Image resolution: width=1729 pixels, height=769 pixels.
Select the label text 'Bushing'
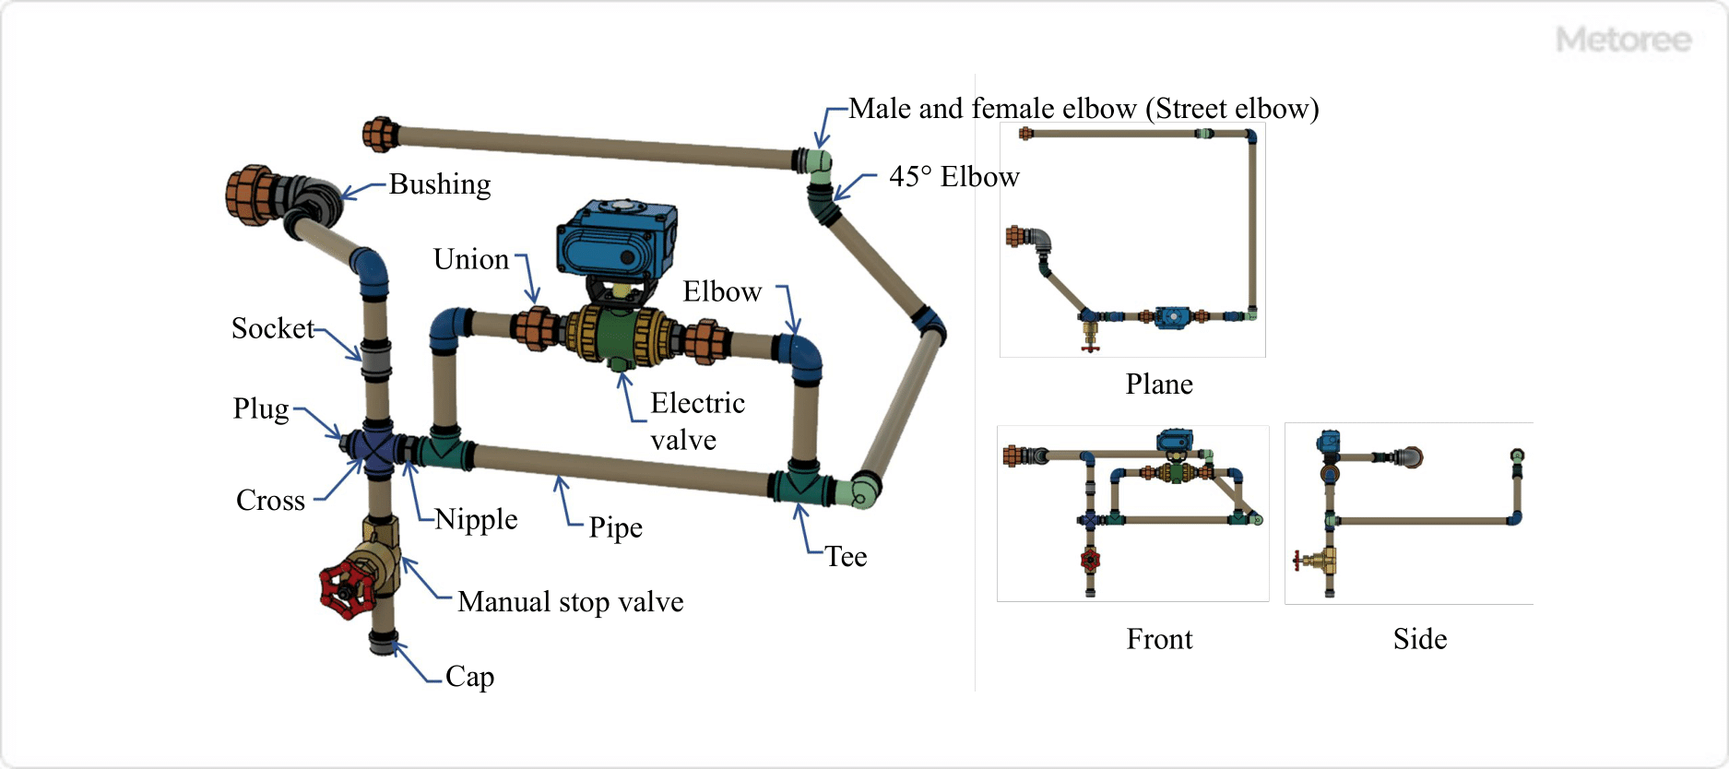[x=440, y=184]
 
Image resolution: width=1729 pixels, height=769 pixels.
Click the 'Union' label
[x=471, y=260]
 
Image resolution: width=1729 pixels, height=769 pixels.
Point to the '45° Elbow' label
[x=953, y=177]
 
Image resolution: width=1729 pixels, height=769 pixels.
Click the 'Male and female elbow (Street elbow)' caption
[x=1084, y=109]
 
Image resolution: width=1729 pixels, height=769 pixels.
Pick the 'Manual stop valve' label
[x=571, y=602]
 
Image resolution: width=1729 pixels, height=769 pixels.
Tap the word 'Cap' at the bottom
[x=469, y=677]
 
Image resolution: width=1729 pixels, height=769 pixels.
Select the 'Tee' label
[x=846, y=557]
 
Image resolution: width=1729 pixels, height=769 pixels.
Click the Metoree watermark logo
[x=1623, y=40]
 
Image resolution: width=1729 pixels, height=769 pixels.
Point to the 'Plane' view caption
[x=1159, y=384]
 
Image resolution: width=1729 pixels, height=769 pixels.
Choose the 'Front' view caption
[x=1159, y=639]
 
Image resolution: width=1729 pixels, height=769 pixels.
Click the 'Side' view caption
[x=1420, y=639]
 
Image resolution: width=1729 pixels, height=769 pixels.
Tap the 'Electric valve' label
[x=696, y=421]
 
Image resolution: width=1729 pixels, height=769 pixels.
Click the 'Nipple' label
[x=476, y=519]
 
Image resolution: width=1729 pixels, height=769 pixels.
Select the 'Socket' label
[x=273, y=329]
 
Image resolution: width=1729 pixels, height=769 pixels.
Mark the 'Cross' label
[x=270, y=501]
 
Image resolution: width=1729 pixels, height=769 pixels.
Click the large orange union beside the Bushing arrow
[x=250, y=195]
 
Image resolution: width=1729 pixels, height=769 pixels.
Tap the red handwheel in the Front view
[x=1090, y=559]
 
